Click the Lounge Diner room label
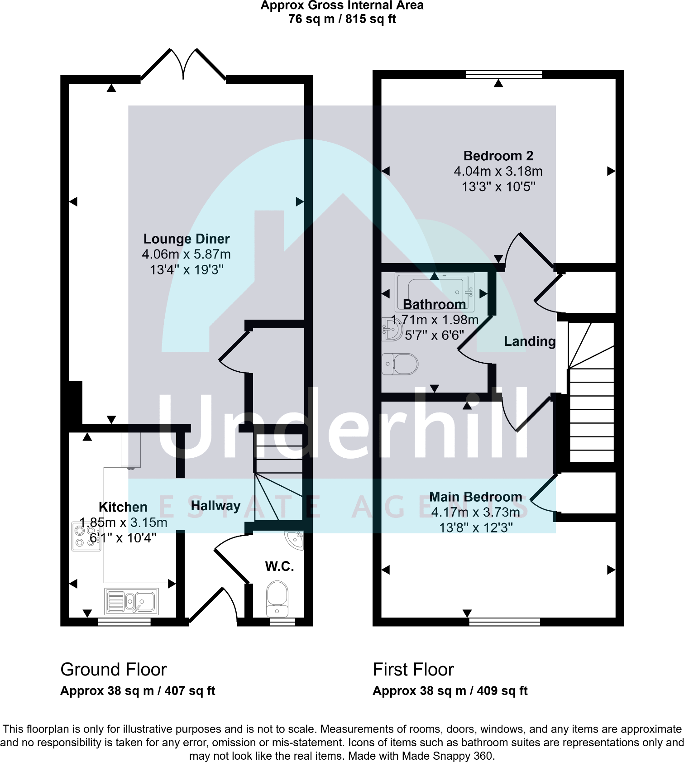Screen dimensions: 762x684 pos(187,239)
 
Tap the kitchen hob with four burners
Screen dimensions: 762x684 pos(86,537)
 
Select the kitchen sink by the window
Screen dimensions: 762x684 pos(131,601)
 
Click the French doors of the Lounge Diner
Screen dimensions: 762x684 pos(183,66)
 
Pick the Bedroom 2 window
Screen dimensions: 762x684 pos(504,75)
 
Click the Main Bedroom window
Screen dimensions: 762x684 pos(504,622)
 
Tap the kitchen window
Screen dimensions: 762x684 pos(124,622)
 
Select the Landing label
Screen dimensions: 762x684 pos(530,341)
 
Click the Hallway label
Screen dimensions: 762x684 pos(215,506)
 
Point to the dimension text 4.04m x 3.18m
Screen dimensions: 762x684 pos(498,171)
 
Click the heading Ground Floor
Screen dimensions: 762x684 pos(113,669)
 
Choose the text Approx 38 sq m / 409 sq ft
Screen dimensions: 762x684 pos(450,691)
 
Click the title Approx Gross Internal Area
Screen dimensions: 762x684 pos(342,5)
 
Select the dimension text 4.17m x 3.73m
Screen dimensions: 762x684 pos(475,512)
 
